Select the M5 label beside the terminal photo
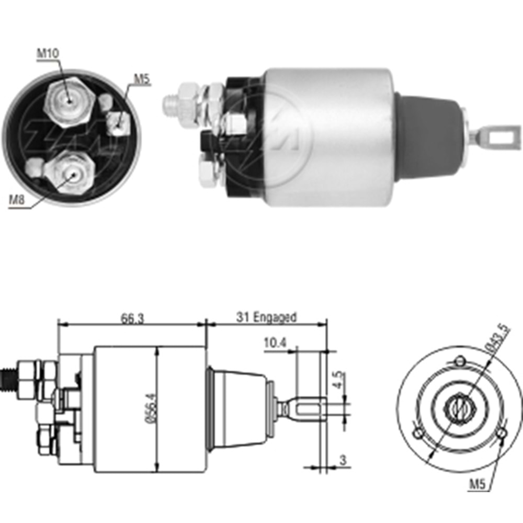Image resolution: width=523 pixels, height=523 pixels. [141, 79]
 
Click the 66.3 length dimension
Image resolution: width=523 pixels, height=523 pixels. [118, 317]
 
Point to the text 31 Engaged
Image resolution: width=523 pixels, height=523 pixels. [266, 317]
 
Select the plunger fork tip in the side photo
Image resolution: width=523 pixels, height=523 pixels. [495, 137]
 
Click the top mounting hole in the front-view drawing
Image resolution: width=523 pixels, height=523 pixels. [459, 361]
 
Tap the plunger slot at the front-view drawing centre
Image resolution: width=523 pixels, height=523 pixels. [456, 406]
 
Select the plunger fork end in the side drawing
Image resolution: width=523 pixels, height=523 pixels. [309, 407]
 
